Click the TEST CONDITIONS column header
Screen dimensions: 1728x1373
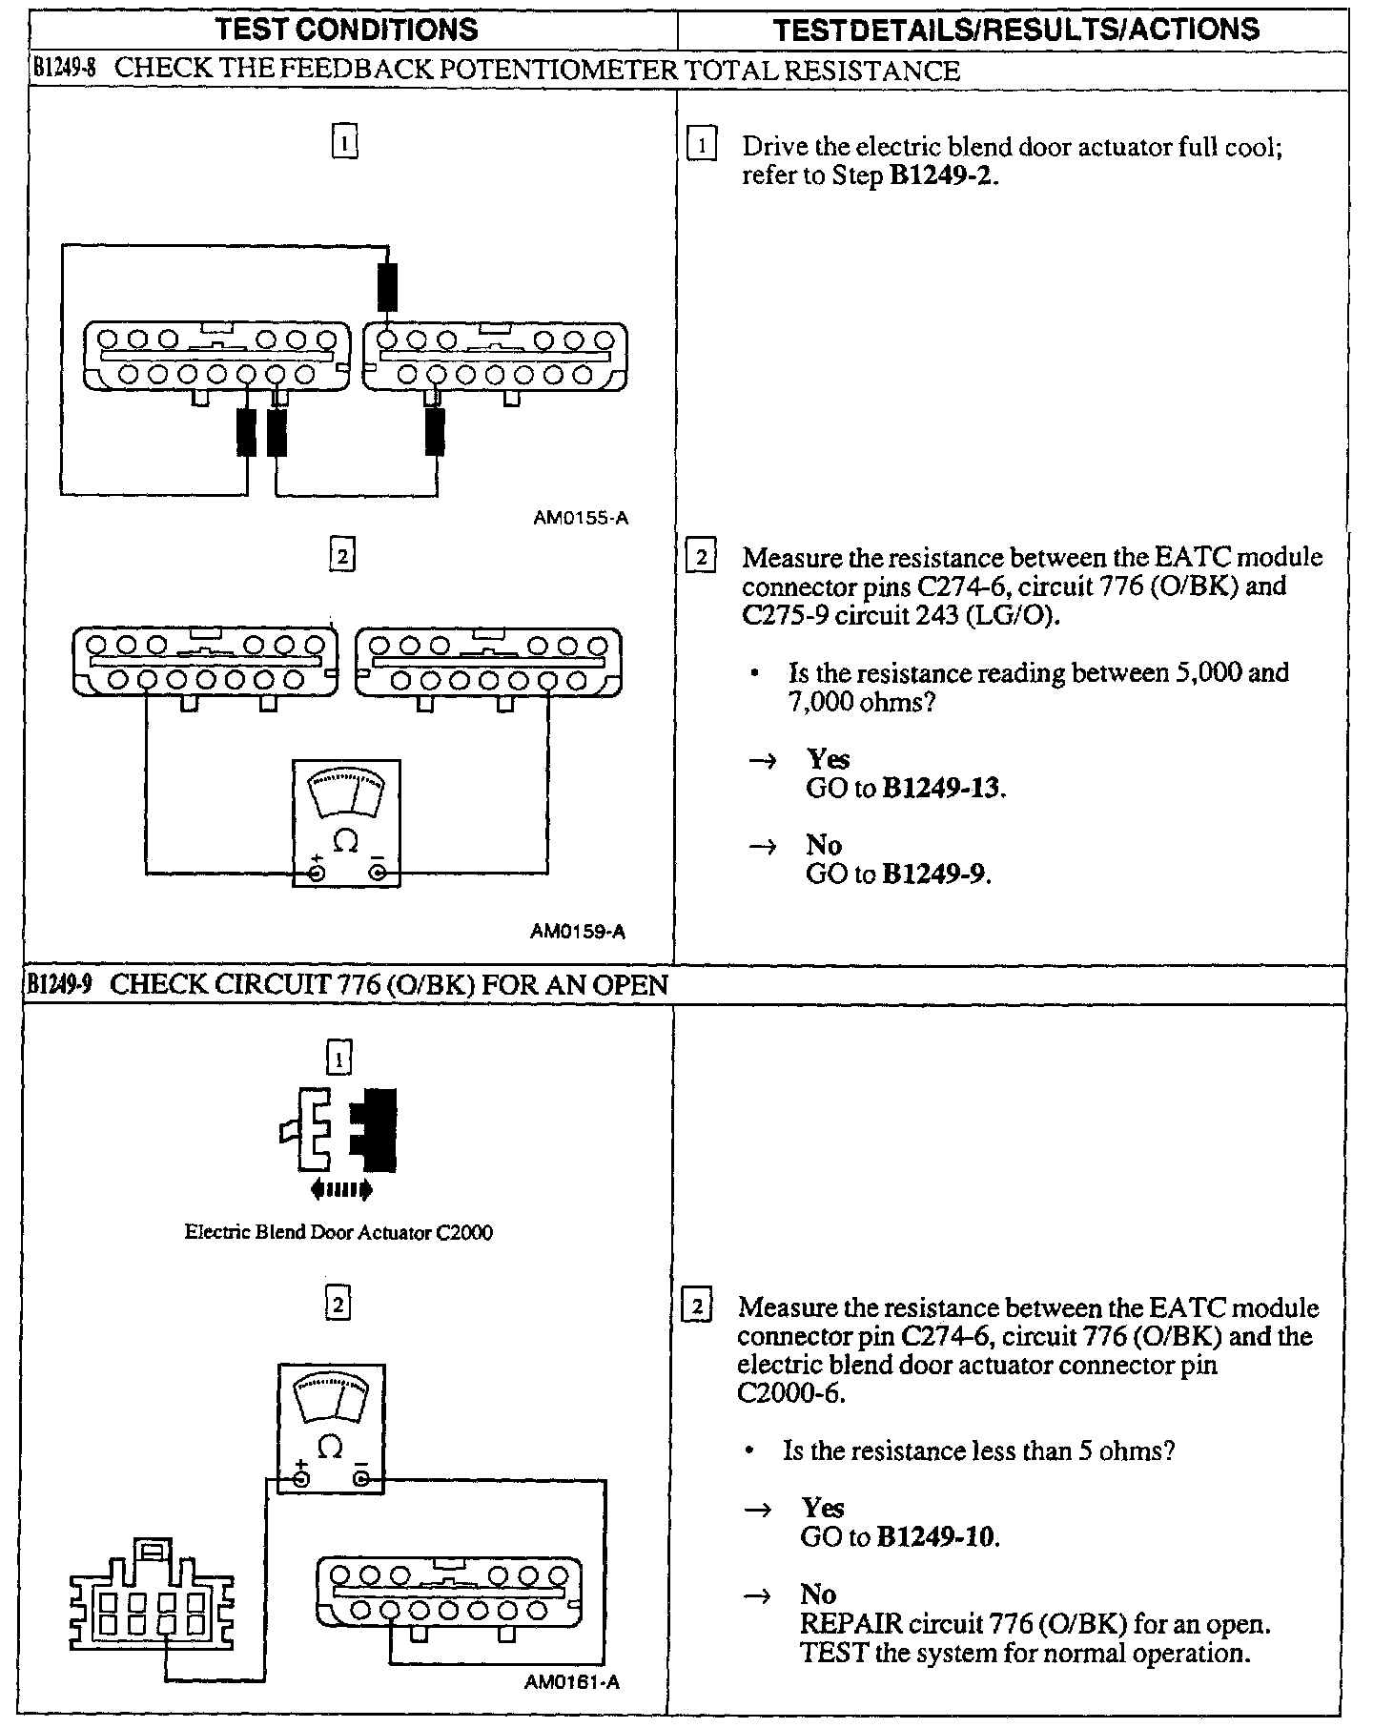point(347,30)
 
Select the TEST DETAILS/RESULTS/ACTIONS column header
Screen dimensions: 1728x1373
point(1015,30)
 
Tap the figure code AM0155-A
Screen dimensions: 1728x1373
point(581,519)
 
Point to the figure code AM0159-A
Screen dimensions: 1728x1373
point(578,932)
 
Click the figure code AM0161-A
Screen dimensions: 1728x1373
point(572,1681)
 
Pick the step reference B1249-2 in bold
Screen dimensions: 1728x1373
point(942,176)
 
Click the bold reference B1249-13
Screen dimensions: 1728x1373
point(942,789)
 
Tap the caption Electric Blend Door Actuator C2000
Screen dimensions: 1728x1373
point(338,1232)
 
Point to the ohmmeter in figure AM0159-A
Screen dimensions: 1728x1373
point(346,822)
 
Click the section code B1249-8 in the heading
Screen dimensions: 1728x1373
point(61,70)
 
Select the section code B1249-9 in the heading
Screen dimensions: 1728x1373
point(59,984)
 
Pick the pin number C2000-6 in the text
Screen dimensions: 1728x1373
point(790,1393)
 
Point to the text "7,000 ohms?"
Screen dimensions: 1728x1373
point(855,702)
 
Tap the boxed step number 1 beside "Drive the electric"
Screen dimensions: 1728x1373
point(701,146)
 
